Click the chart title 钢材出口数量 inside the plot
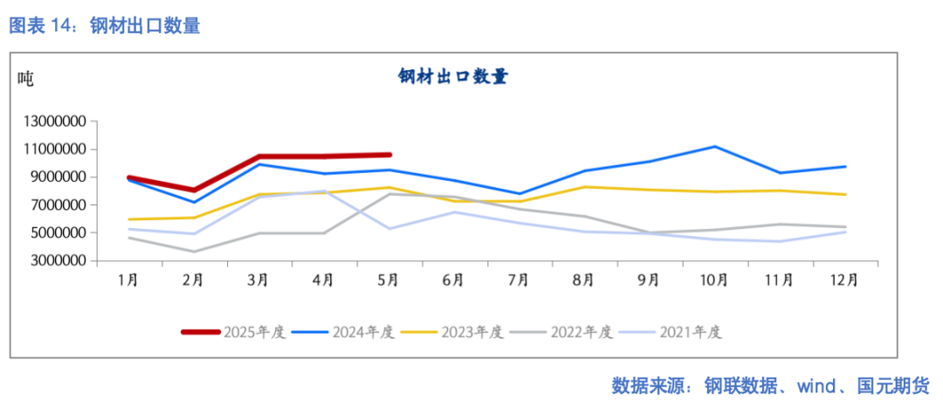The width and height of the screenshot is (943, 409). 453,77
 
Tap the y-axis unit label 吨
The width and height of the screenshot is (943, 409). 25,79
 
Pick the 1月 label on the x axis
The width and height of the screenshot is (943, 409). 128,281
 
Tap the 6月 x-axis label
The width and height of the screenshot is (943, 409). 453,281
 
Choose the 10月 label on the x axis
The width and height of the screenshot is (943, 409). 713,281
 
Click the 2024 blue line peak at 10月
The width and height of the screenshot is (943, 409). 714,147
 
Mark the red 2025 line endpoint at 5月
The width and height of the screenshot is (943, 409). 389,155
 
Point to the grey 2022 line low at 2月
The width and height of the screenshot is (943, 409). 194,252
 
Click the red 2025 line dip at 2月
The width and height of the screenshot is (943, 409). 194,190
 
